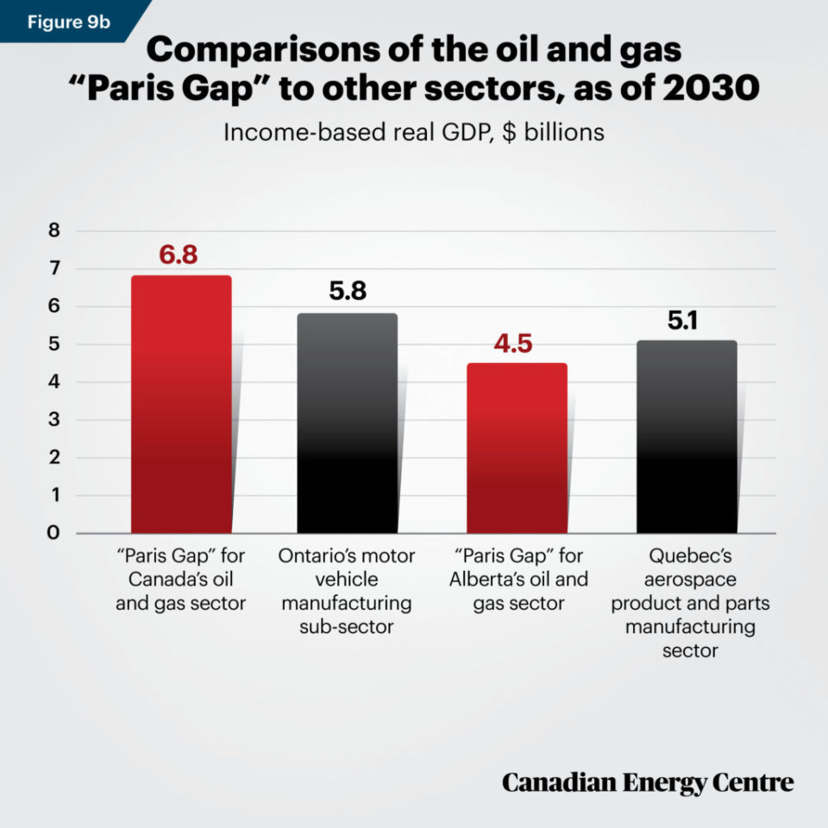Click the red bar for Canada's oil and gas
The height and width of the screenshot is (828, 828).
(x=181, y=405)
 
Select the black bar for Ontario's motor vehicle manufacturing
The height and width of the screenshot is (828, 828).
(x=348, y=423)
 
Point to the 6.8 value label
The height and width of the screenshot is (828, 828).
(x=180, y=254)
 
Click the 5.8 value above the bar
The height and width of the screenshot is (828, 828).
(x=348, y=292)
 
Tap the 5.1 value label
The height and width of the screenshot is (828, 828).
(x=687, y=320)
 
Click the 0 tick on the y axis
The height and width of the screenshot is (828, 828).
(x=53, y=533)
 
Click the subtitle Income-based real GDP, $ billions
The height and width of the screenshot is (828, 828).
(x=413, y=133)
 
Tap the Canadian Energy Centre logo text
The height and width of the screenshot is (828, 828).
(x=648, y=782)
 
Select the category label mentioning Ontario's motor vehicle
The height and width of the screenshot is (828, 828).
(x=347, y=591)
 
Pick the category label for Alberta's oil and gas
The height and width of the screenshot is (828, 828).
(x=518, y=579)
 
